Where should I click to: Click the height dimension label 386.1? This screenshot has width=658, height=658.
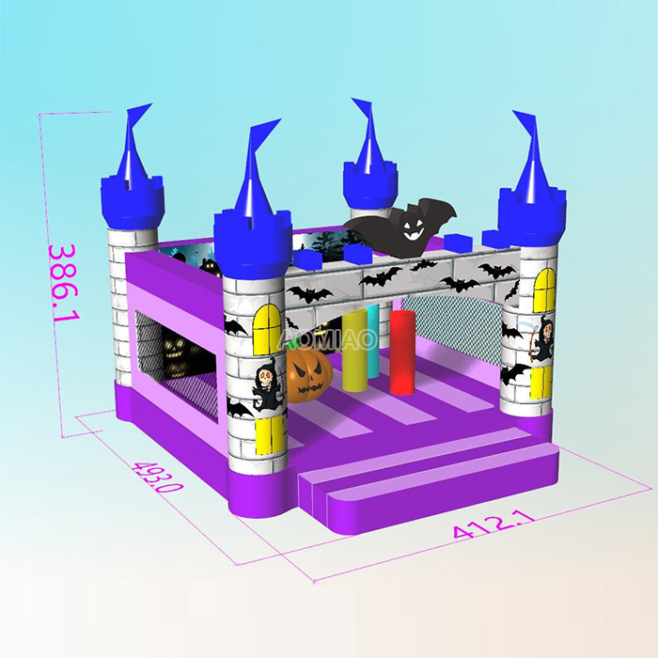click(64, 282)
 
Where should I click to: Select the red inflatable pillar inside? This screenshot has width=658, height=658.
click(402, 349)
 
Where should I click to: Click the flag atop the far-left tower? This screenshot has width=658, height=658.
click(137, 117)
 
